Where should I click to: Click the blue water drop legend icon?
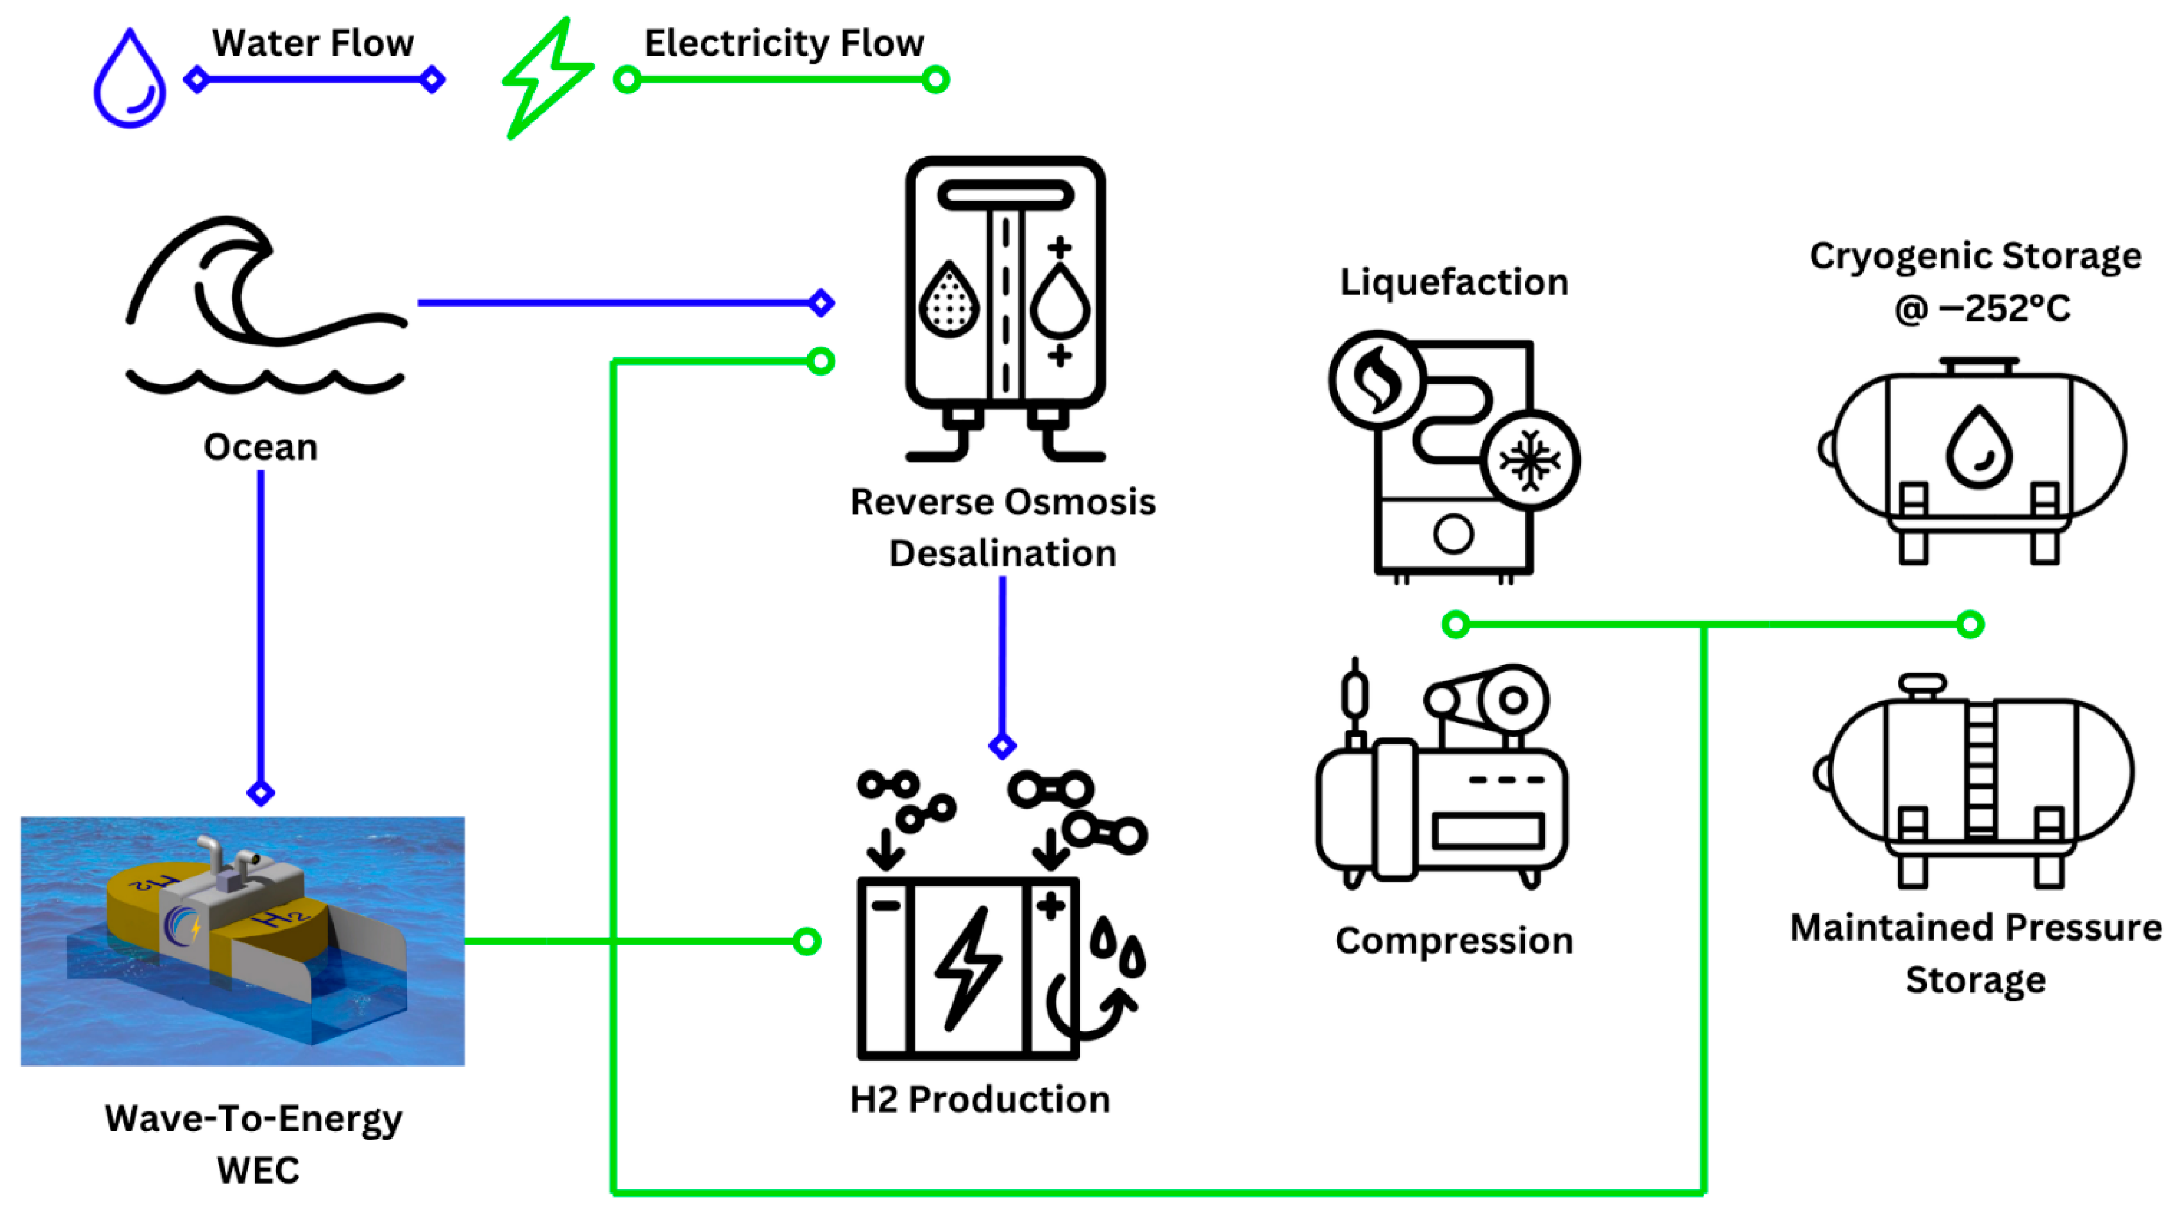pyautogui.click(x=129, y=80)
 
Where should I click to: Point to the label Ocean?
pyautogui.click(x=261, y=447)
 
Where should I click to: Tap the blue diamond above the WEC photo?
pyautogui.click(x=261, y=792)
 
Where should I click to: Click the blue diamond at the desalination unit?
pyautogui.click(x=821, y=302)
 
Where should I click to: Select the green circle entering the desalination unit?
pyautogui.click(x=820, y=361)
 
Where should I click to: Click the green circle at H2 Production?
pyautogui.click(x=806, y=941)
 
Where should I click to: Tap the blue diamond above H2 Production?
pyautogui.click(x=1002, y=746)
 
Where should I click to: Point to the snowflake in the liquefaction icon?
pyautogui.click(x=1530, y=460)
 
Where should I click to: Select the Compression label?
pyautogui.click(x=1454, y=941)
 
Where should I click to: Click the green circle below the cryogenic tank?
pyautogui.click(x=1970, y=625)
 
